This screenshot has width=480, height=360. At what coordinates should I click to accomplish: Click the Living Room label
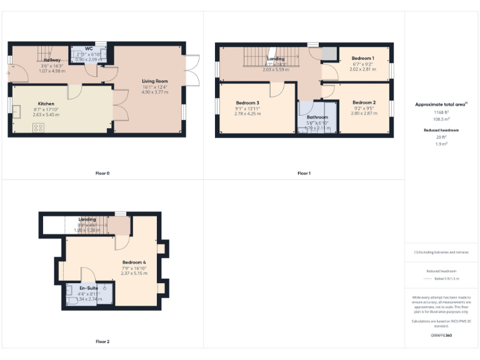tap(154, 81)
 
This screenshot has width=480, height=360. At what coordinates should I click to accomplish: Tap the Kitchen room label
tap(46, 104)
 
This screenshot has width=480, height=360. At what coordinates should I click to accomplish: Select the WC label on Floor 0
tap(89, 48)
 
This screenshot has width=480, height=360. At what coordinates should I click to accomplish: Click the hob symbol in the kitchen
tap(37, 127)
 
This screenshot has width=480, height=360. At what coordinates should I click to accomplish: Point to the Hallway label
tap(52, 60)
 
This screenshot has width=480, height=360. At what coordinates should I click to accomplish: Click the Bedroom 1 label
tap(362, 57)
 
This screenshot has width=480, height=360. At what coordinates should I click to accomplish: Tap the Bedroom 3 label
tap(247, 102)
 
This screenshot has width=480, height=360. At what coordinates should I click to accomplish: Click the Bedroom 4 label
tap(134, 262)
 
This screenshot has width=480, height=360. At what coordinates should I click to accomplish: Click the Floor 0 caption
tap(102, 173)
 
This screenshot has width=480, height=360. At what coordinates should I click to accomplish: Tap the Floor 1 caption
tap(304, 173)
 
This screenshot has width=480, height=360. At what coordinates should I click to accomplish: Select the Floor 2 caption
tap(102, 342)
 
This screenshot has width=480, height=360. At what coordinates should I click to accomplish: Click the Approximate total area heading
tap(441, 104)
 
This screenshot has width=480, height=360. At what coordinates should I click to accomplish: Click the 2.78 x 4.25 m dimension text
tap(247, 113)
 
